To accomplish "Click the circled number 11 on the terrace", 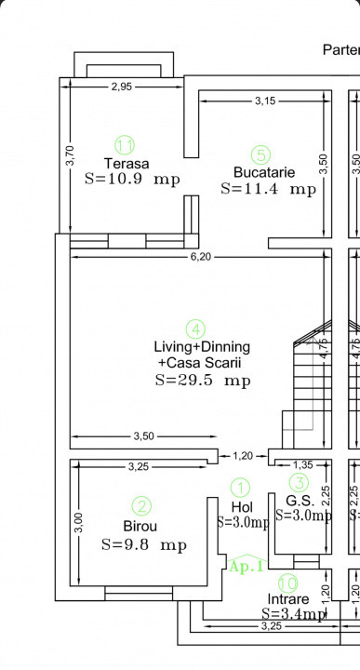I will (x=125, y=144).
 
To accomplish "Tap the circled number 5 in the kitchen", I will (x=260, y=154).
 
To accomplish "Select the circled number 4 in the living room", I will (x=195, y=328).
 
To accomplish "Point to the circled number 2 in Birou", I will (x=141, y=506).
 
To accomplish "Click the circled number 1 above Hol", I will (x=241, y=487).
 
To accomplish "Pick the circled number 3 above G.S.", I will (x=298, y=482).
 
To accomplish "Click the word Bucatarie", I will (x=264, y=172).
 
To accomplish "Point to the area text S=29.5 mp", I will (x=202, y=380).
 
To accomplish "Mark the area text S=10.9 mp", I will (x=131, y=178).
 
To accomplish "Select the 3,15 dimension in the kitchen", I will (x=265, y=100).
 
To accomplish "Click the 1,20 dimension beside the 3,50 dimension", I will (x=242, y=455).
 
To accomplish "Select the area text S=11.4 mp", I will (x=268, y=188).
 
